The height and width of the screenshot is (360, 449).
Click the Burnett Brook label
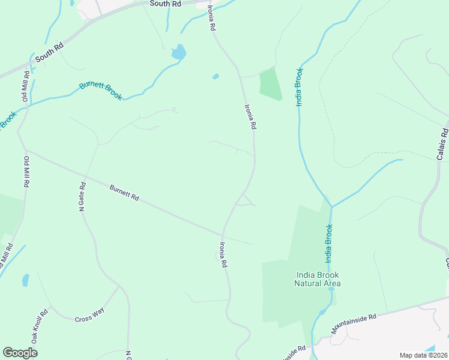point(101,90)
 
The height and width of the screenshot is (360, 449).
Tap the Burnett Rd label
point(124,193)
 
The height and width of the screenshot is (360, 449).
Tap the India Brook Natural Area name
point(318,279)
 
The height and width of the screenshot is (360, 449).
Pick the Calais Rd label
point(442,144)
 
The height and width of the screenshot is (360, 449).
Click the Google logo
point(20,353)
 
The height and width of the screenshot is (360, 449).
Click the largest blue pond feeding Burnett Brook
point(178,52)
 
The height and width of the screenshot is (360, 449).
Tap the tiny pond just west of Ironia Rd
point(215,77)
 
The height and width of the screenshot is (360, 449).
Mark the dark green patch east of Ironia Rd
point(270,84)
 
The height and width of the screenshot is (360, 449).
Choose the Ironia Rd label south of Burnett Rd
point(223,254)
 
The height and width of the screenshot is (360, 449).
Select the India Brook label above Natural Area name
point(328,244)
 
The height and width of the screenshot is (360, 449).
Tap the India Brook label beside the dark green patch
point(300,88)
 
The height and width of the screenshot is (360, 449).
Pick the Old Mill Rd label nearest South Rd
point(26,87)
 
